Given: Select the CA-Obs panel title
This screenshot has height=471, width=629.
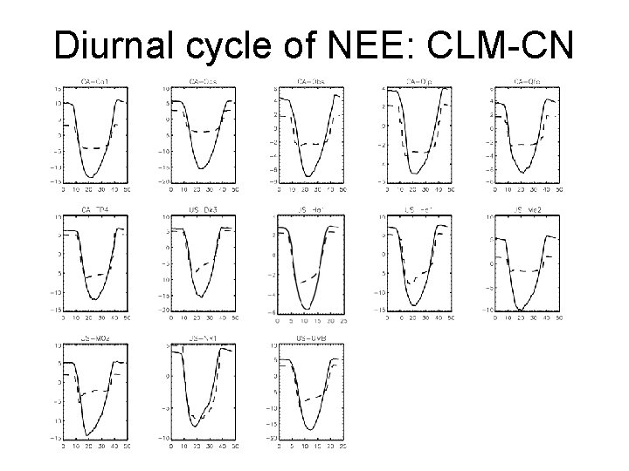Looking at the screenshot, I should click(x=310, y=83).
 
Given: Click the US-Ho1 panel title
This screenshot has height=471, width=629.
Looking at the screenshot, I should click(x=310, y=209).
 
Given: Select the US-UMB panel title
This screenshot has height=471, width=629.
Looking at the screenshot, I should click(x=310, y=336).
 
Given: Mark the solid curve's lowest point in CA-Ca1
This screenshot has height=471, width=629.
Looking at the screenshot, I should click(x=90, y=177).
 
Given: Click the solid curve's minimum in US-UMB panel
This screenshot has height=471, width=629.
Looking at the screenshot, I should click(x=308, y=429).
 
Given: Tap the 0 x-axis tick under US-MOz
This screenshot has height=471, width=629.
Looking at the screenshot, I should click(x=63, y=443).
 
